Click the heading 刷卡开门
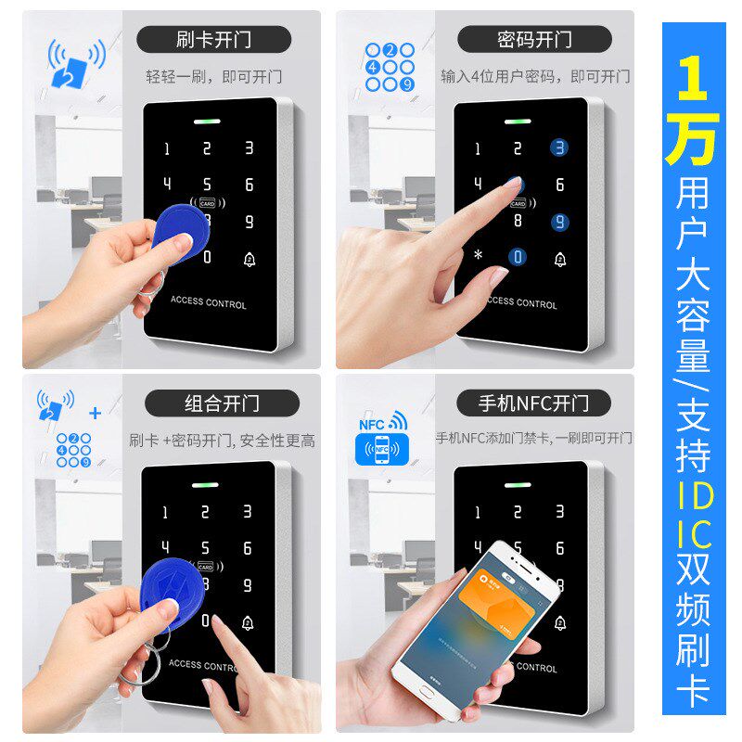click(213, 40)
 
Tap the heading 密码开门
click(534, 40)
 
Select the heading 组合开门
click(222, 403)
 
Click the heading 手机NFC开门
click(533, 403)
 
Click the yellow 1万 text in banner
click(693, 109)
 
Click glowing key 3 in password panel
click(559, 147)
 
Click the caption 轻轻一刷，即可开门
click(213, 77)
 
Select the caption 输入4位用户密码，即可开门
click(534, 77)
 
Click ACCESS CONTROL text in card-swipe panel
click(209, 303)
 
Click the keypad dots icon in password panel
click(390, 67)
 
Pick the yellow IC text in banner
click(694, 535)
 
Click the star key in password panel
click(478, 255)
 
